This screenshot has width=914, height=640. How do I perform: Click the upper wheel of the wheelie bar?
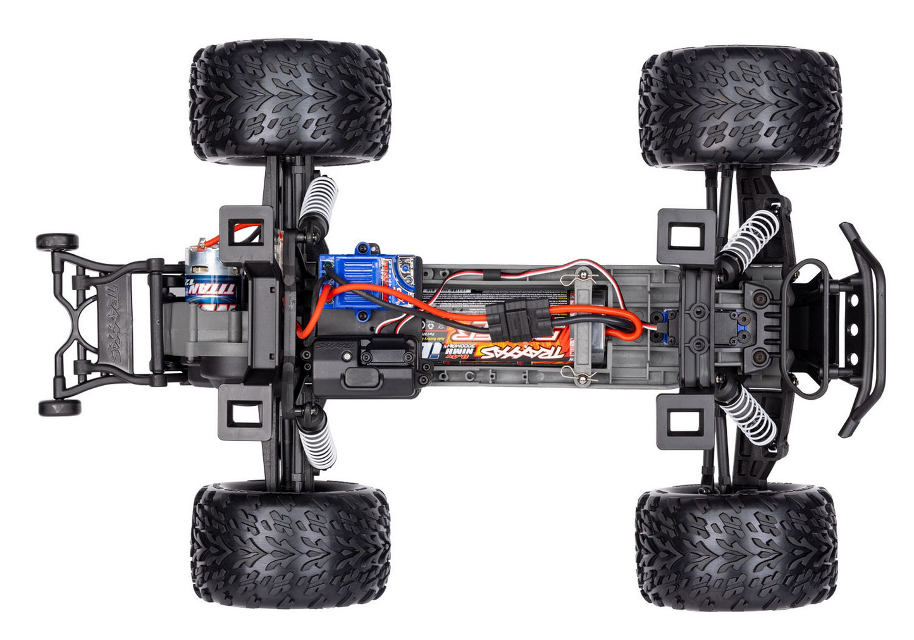(x=57, y=242)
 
